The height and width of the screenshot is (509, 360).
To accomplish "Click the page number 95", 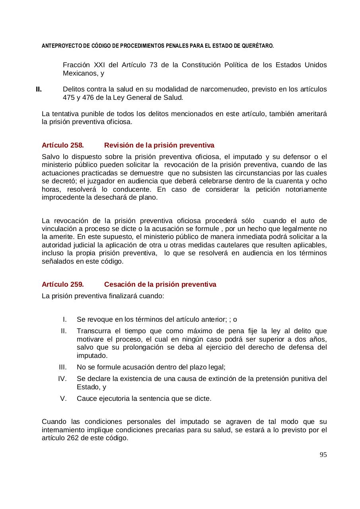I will click(x=323, y=455).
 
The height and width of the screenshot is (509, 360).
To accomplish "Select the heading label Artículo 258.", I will click(x=62, y=145).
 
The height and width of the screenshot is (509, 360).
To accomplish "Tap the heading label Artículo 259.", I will click(x=62, y=284).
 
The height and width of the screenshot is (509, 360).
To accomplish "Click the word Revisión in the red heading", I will click(x=118, y=145).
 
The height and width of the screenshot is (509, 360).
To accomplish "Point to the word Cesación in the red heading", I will click(x=119, y=284).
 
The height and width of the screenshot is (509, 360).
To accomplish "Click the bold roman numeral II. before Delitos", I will click(x=39, y=89).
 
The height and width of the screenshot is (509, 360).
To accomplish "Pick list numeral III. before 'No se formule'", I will click(x=62, y=367).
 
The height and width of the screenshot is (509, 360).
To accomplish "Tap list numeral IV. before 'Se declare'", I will click(x=62, y=379).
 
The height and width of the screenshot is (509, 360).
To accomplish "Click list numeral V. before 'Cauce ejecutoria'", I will click(x=63, y=398).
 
